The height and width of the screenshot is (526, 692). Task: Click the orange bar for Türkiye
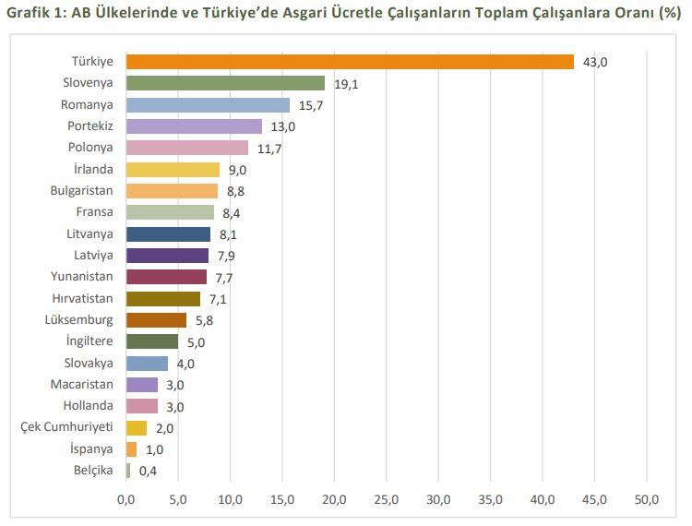click(350, 62)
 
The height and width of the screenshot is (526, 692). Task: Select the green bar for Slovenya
click(225, 83)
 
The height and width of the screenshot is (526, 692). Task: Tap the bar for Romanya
click(208, 105)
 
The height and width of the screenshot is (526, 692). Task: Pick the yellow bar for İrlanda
click(173, 170)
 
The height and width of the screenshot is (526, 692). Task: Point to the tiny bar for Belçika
click(128, 471)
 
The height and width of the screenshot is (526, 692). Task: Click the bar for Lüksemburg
click(156, 320)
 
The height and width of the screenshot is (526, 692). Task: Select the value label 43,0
click(596, 62)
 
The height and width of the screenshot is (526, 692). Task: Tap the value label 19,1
click(347, 84)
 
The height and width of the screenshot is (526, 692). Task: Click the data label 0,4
click(148, 471)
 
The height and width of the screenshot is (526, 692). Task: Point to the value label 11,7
click(269, 149)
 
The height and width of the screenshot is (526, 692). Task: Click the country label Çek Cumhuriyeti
click(66, 427)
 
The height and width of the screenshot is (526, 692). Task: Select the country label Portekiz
click(90, 126)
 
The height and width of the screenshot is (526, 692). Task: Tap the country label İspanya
click(92, 448)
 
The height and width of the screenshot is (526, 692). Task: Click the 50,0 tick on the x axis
click(648, 499)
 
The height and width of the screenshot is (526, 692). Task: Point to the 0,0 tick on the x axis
click(126, 499)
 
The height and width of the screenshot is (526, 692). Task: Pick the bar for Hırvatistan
click(163, 298)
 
